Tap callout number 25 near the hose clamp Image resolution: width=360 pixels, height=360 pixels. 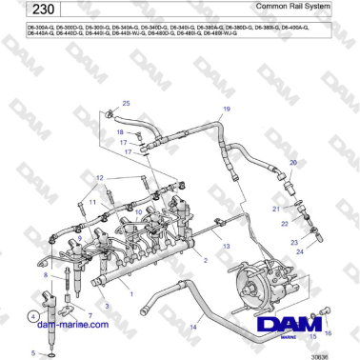[126, 103]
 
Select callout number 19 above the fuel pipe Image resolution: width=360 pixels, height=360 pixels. [227, 110]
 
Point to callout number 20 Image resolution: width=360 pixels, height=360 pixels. [293, 164]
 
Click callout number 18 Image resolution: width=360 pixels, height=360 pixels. [120, 132]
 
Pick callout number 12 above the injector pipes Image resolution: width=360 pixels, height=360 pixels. [100, 178]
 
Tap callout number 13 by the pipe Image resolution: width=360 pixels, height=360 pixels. [227, 246]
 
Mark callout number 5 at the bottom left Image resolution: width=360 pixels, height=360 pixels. [32, 352]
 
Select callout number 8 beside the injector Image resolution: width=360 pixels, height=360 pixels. [45, 275]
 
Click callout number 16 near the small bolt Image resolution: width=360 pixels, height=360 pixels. [330, 333]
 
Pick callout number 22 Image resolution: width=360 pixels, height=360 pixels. [285, 222]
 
